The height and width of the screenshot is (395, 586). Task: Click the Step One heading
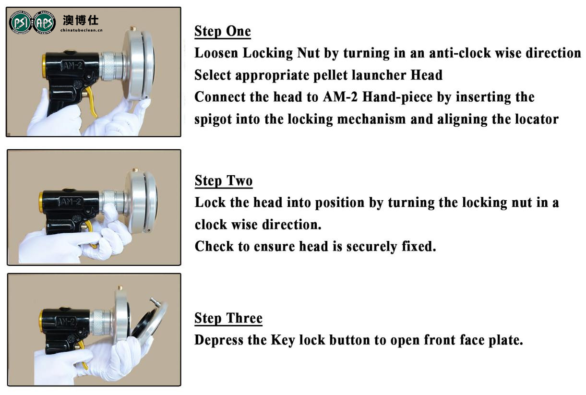(223, 31)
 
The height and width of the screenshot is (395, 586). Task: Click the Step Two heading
(224, 181)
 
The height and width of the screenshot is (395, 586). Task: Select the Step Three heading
(228, 318)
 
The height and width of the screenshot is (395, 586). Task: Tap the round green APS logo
(44, 23)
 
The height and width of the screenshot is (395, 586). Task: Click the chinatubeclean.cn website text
(82, 30)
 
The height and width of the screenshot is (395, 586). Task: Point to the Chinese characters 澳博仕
(81, 20)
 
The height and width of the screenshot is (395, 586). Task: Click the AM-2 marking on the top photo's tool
(72, 65)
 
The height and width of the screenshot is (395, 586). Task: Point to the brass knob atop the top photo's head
(133, 28)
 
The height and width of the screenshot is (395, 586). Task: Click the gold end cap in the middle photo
(41, 202)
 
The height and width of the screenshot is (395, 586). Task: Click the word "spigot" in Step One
(213, 120)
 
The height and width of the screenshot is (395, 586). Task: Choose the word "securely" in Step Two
(371, 247)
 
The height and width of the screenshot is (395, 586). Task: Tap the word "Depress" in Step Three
(219, 340)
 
